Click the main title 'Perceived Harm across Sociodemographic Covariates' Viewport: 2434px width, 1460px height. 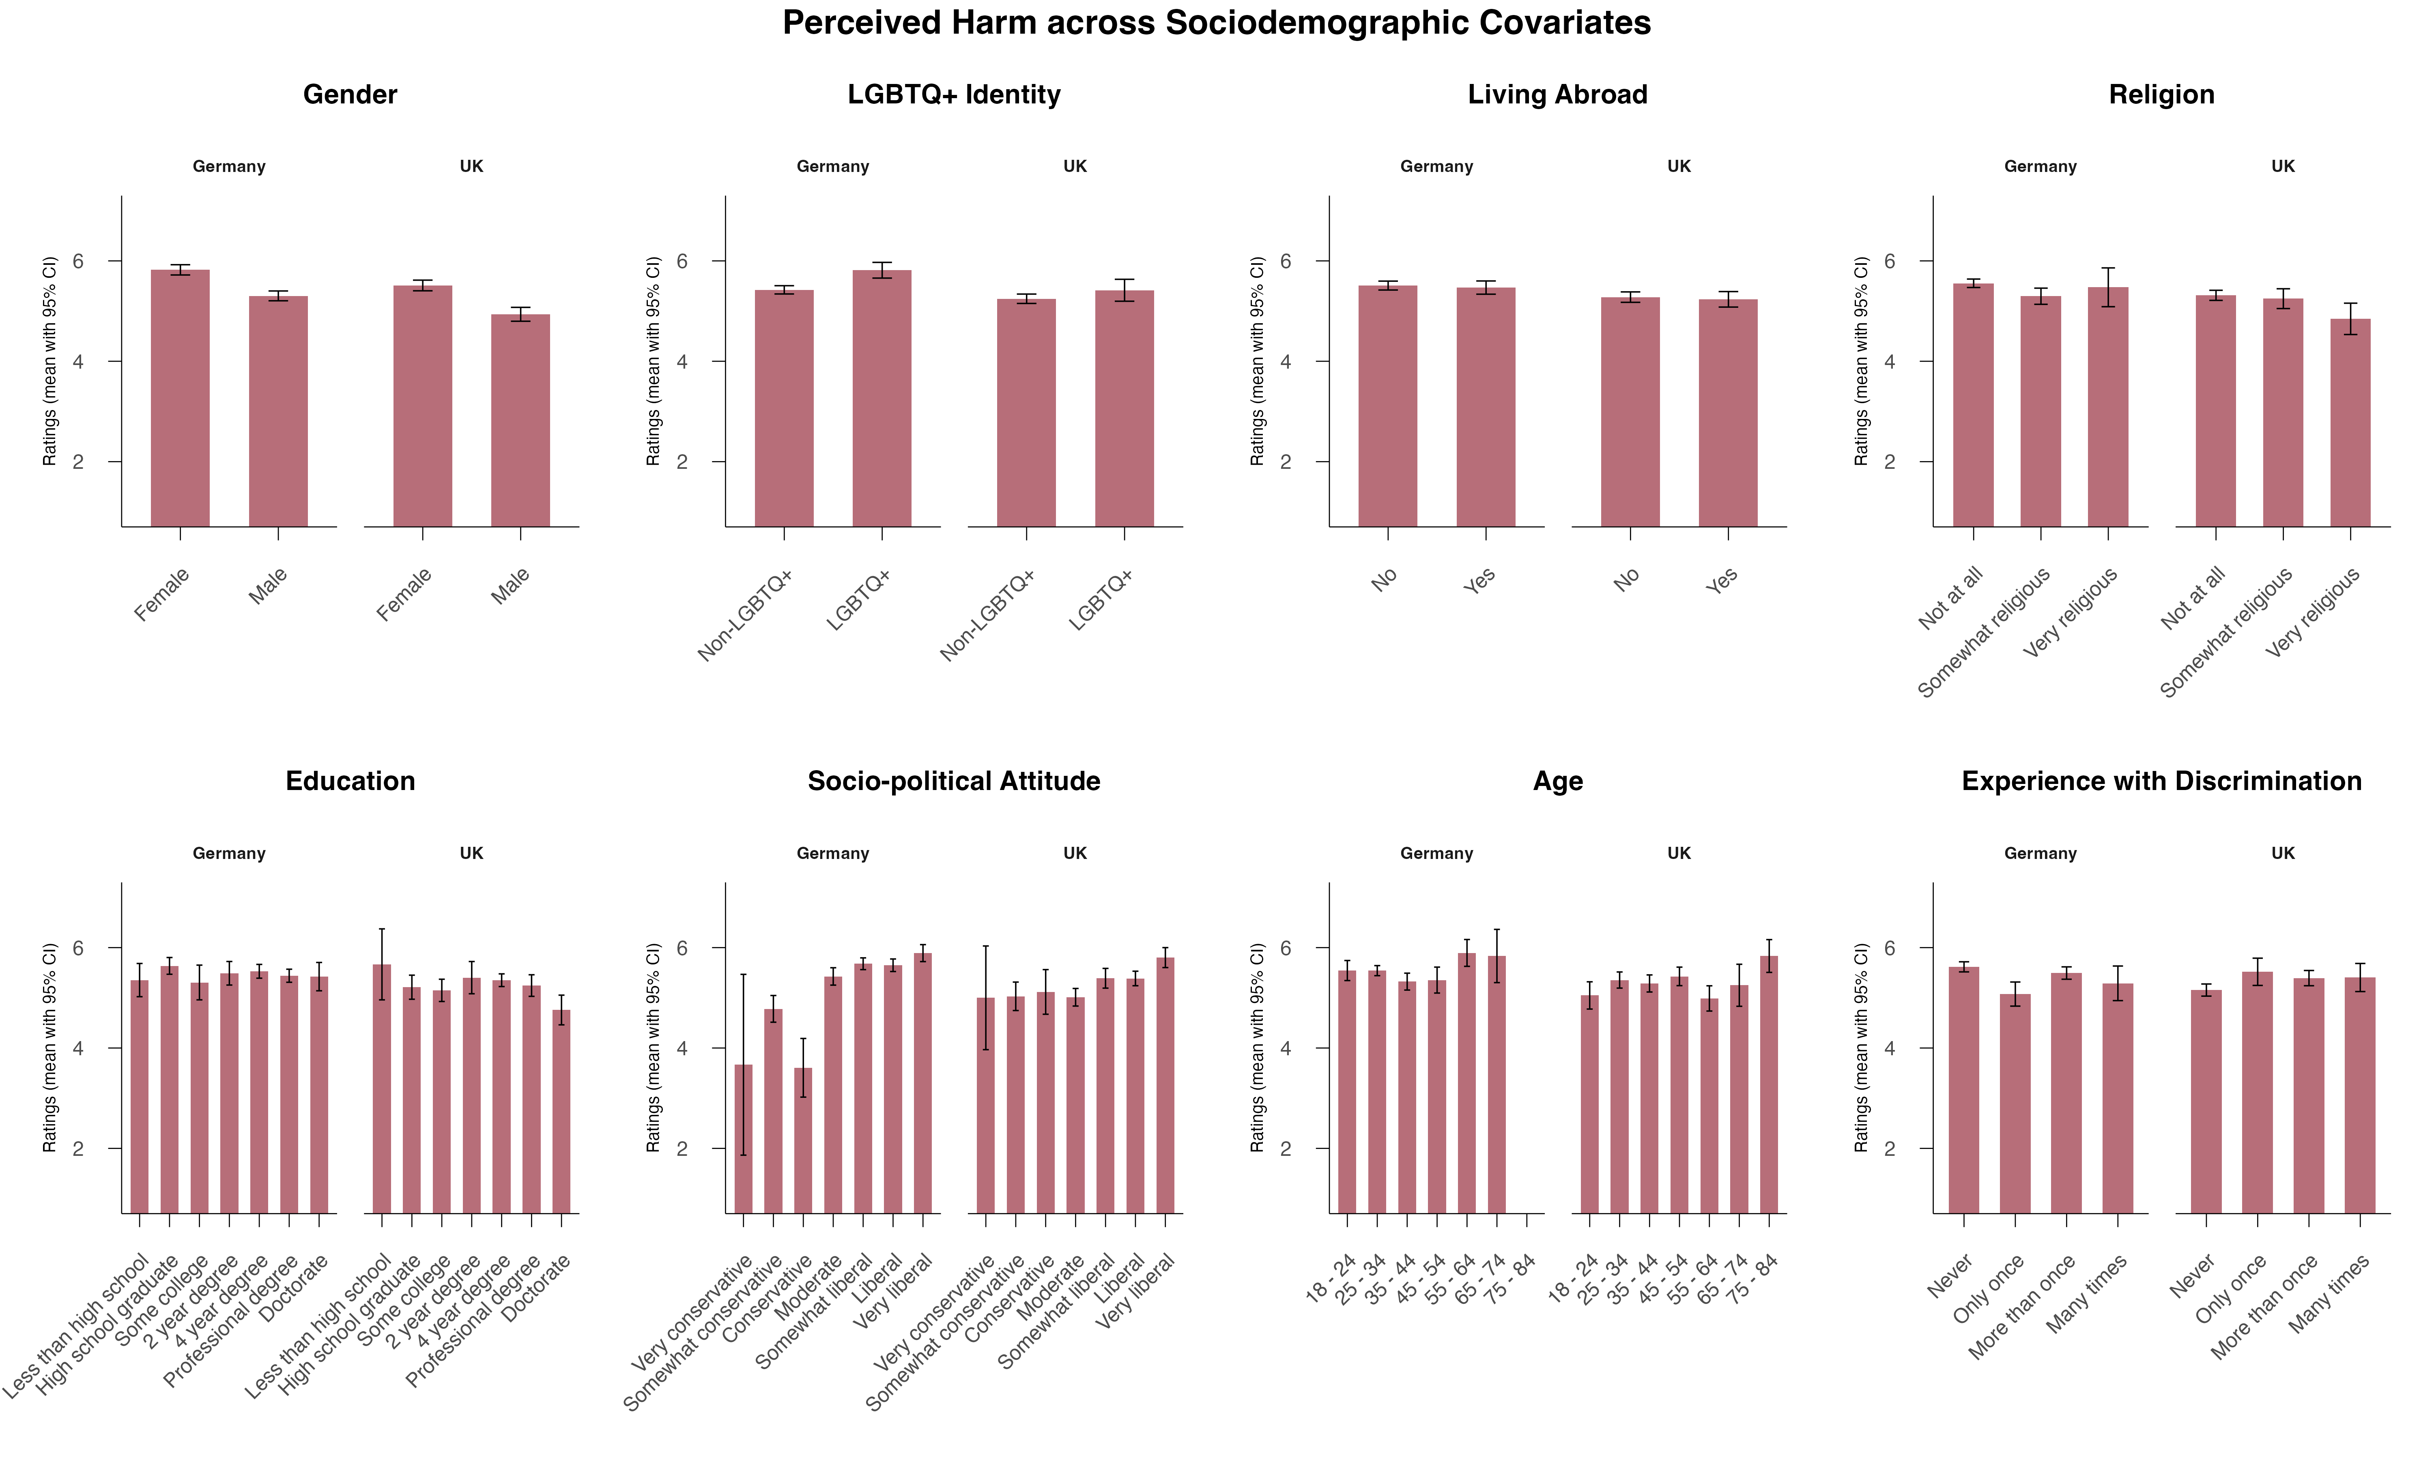[x=1216, y=23]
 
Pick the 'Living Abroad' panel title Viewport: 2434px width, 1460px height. [x=1557, y=94]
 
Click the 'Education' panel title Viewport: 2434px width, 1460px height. [x=350, y=781]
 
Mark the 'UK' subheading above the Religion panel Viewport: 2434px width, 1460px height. [x=2283, y=166]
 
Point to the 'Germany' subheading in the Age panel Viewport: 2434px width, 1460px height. [x=1436, y=853]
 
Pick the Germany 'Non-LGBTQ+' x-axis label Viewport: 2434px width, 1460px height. [x=745, y=615]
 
